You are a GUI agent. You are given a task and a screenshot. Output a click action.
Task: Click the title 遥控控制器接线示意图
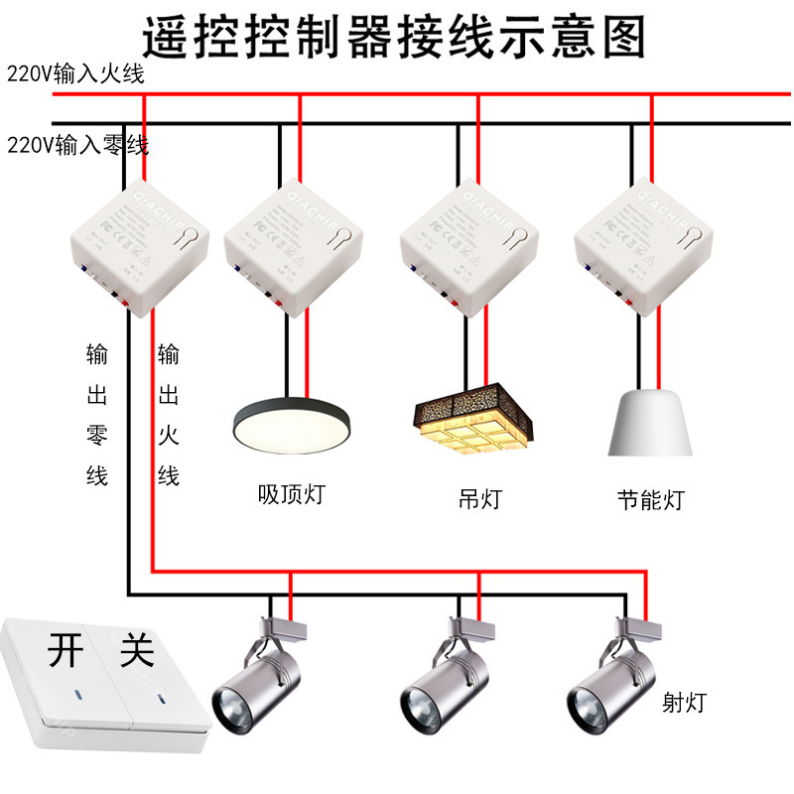(x=394, y=37)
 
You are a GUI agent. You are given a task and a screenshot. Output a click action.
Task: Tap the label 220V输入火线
(x=76, y=74)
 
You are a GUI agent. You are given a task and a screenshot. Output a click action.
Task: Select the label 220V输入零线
(x=77, y=146)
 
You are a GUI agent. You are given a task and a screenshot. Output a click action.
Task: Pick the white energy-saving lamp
(x=649, y=422)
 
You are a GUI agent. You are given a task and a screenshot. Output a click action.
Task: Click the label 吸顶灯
(x=291, y=493)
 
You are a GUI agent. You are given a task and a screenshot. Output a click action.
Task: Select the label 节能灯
(x=650, y=498)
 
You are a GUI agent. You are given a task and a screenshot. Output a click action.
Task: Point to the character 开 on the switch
(x=64, y=651)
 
